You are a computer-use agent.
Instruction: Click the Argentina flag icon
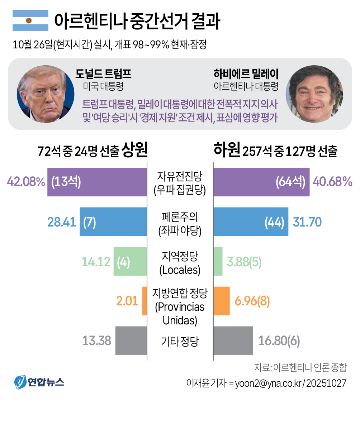(x=30, y=21)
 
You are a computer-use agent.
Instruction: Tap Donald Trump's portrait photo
(x=46, y=94)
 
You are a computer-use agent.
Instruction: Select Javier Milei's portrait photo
(x=314, y=94)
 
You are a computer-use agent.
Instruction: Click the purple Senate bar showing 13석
(x=97, y=182)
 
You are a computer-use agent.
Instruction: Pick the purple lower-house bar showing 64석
(x=261, y=182)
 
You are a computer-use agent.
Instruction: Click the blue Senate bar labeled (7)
(x=113, y=222)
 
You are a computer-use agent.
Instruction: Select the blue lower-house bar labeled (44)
(x=251, y=222)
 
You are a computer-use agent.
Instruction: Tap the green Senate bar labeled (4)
(x=130, y=261)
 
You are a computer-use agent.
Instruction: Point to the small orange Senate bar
(x=145, y=301)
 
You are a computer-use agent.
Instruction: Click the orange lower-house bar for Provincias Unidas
(x=222, y=301)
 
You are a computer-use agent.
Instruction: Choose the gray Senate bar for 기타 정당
(x=131, y=340)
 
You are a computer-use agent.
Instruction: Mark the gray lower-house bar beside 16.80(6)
(x=233, y=340)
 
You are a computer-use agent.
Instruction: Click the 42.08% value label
(x=26, y=182)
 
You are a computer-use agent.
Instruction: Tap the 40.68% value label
(x=333, y=182)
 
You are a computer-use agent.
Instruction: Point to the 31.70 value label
(x=307, y=222)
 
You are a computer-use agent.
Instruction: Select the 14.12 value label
(x=96, y=262)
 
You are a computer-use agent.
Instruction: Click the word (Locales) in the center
(x=180, y=270)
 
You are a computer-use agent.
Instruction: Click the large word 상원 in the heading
(x=134, y=150)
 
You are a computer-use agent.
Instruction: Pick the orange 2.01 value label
(x=127, y=301)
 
